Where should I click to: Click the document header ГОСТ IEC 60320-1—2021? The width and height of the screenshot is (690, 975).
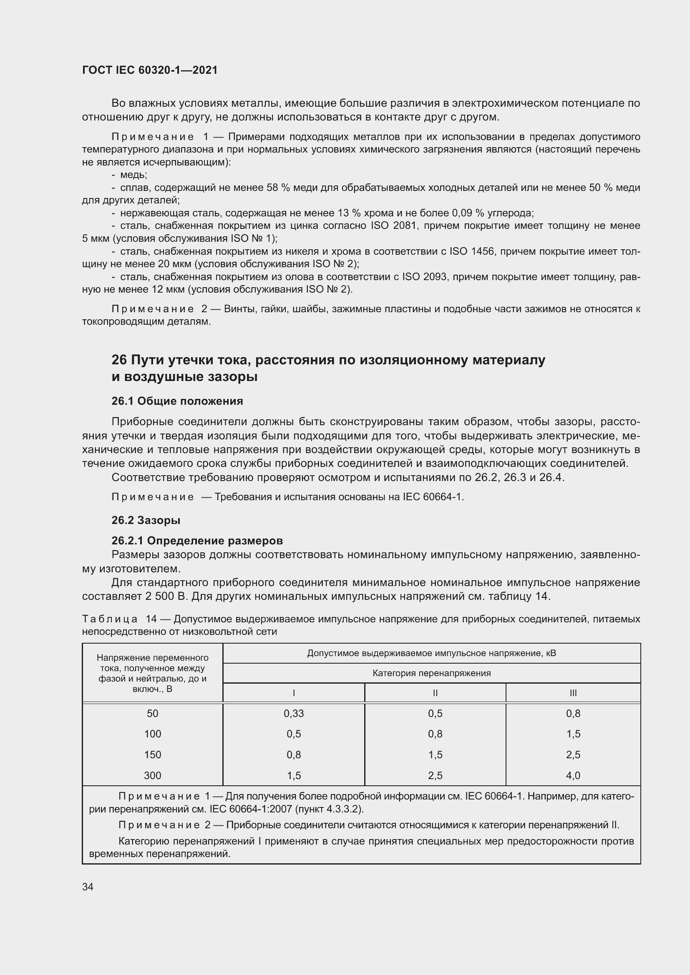pos(150,70)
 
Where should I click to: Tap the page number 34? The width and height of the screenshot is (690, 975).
pos(88,887)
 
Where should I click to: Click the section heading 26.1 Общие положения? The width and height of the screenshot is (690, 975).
pos(177,401)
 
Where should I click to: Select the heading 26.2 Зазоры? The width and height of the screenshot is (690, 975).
pos(146,520)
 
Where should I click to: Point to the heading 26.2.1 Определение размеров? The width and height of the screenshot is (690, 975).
pos(197,541)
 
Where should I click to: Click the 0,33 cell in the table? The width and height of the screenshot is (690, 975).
pos(294,713)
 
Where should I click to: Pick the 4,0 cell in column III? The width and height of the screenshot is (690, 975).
pos(573,775)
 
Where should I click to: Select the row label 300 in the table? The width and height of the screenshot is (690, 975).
pos(153,775)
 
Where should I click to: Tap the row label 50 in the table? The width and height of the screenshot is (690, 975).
pos(153,713)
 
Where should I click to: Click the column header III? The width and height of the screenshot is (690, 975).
pos(573,693)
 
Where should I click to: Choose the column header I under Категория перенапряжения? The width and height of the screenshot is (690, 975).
pos(294,693)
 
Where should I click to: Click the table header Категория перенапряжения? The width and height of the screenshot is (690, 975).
pos(431,673)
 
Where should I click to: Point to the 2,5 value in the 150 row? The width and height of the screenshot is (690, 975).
pos(573,754)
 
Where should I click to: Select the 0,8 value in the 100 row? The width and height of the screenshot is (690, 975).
pos(435,734)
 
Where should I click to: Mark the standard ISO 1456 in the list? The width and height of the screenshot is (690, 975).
pos(472,251)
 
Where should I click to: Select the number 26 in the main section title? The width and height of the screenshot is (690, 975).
pos(119,360)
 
